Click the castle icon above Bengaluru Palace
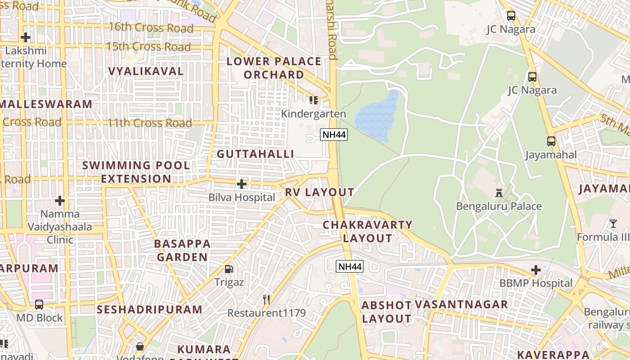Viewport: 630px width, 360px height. tap(499, 193)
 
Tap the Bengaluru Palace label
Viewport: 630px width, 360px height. tap(499, 207)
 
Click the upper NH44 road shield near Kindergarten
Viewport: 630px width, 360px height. tap(334, 134)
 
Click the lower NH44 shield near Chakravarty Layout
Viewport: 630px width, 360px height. tap(349, 266)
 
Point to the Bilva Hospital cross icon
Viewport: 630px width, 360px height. tap(242, 184)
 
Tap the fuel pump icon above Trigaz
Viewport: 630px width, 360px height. tap(229, 269)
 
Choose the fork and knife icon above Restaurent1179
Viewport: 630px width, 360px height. tap(266, 299)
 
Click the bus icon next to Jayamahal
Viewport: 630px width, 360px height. tap(551, 141)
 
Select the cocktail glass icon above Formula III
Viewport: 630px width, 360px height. tap(613, 223)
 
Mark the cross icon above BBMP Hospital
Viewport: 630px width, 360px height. tap(535, 270)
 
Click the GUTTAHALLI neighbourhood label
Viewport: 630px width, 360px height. tap(255, 154)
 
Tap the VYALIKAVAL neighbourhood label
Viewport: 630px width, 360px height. tap(146, 71)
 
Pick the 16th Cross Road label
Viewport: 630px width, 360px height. tap(151, 27)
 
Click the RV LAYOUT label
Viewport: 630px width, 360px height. tap(319, 192)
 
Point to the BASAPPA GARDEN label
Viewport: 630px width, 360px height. tap(182, 251)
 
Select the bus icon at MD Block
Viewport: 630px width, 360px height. tap(39, 305)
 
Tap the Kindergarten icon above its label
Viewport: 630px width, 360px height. tap(313, 100)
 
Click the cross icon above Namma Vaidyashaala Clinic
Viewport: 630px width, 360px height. tap(60, 201)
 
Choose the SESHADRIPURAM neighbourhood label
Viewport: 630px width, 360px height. tap(149, 310)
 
